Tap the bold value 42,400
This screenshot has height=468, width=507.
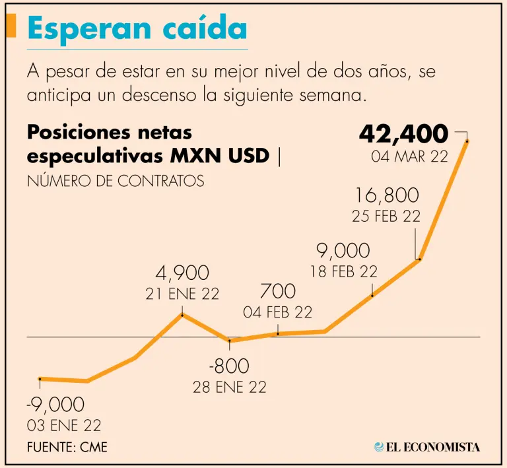[403, 134]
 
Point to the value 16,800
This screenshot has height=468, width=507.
[387, 195]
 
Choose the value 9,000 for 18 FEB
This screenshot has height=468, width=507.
[343, 251]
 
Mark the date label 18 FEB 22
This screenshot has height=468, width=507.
[343, 271]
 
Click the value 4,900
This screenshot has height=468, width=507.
[182, 273]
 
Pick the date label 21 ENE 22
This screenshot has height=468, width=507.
[182, 294]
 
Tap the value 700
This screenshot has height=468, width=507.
[278, 291]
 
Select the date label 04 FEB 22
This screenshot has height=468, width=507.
[278, 312]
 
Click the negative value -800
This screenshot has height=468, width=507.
[230, 366]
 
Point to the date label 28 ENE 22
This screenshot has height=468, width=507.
[230, 387]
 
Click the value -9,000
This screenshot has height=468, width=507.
[55, 405]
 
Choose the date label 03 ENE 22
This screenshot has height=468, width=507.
[64, 425]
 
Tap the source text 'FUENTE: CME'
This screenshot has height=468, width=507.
[67, 448]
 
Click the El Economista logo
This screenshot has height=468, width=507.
[427, 448]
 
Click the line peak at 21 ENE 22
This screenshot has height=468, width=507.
[182, 314]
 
